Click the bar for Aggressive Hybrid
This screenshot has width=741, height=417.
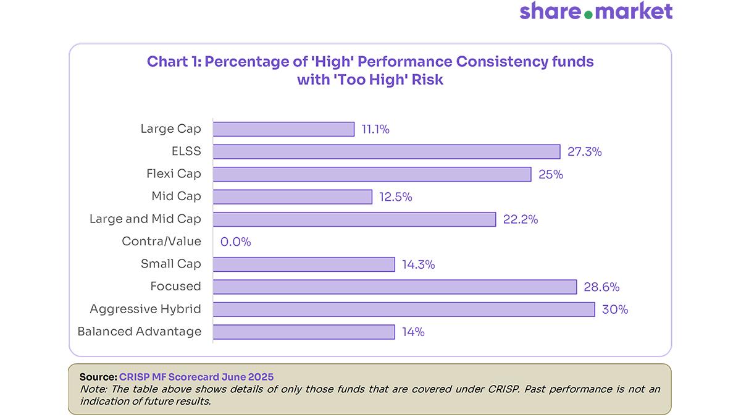click(404, 310)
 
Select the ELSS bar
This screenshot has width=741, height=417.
click(387, 152)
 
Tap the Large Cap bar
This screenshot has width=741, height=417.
click(283, 129)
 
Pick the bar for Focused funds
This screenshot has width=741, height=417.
click(395, 287)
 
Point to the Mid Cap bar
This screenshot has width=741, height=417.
click(293, 196)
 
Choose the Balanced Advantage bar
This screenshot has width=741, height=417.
click(304, 332)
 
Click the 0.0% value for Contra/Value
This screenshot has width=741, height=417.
click(236, 242)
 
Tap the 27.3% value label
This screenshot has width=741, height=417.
click(584, 152)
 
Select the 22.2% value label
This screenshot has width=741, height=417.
click(520, 219)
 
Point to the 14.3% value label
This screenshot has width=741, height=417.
click(418, 264)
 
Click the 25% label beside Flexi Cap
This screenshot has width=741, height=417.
click(550, 174)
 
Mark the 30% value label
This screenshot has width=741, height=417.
click(614, 310)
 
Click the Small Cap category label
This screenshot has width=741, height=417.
click(170, 264)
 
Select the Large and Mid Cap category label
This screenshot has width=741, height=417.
click(145, 219)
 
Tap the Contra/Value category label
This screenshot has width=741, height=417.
click(161, 242)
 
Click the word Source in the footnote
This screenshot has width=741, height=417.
click(98, 376)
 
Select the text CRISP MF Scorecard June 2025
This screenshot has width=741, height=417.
click(196, 376)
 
